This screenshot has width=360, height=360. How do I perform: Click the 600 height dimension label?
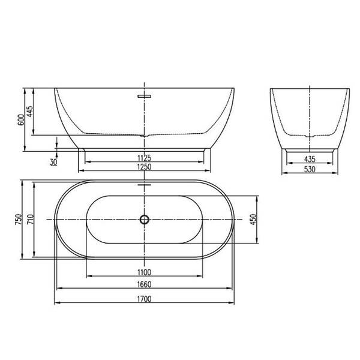pyautogui.click(x=21, y=119)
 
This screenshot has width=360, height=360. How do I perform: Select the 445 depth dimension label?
pyautogui.click(x=30, y=112)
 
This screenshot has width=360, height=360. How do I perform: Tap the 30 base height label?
pyautogui.click(x=53, y=162)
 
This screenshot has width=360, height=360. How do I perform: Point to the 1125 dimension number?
pyautogui.click(x=145, y=158)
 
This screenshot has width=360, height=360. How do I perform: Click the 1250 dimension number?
pyautogui.click(x=145, y=167)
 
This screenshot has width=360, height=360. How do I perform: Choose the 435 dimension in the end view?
pyautogui.click(x=310, y=159)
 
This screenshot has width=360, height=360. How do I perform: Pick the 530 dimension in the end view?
pyautogui.click(x=310, y=169)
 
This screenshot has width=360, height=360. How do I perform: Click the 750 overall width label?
pyautogui.click(x=19, y=219)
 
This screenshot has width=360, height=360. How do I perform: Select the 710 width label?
pyautogui.click(x=31, y=219)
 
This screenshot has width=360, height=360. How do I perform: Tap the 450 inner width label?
pyautogui.click(x=253, y=219)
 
